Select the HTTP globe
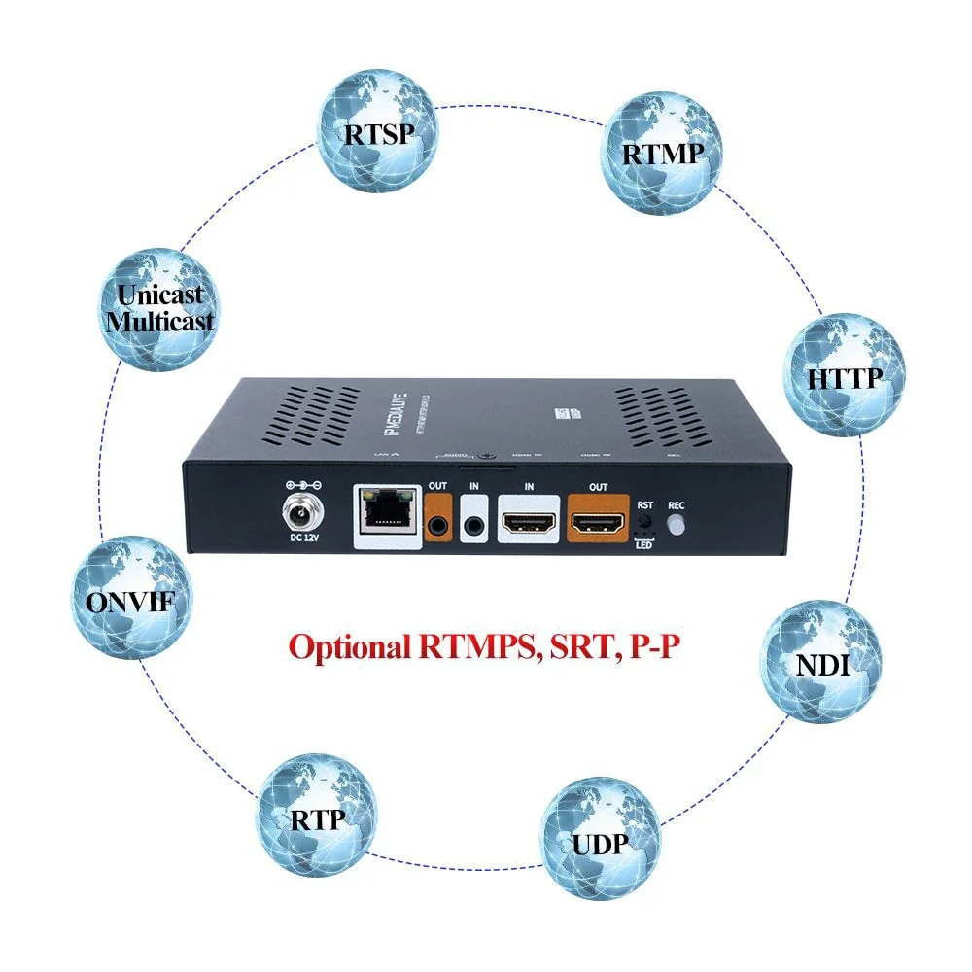point(844,374)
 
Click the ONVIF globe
point(130,599)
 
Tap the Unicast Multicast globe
point(160,307)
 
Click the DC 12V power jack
point(300,509)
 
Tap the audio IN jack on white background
point(476,526)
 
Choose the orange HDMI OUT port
point(598,524)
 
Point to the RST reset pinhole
point(643,523)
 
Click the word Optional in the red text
point(350,647)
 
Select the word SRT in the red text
point(578,647)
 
